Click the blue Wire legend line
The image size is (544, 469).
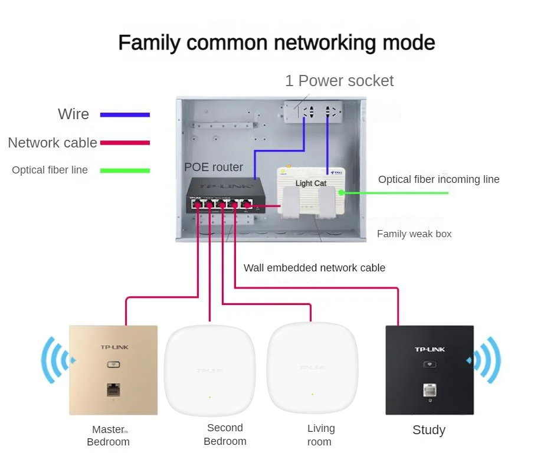point(125,114)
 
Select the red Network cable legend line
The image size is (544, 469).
point(125,143)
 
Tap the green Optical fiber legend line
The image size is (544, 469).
point(125,170)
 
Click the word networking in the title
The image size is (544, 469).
point(325,43)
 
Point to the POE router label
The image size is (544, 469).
point(214,167)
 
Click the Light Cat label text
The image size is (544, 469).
point(311,183)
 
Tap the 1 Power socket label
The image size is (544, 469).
point(339,81)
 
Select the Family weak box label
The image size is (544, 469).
point(414,234)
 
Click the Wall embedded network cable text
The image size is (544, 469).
point(314,268)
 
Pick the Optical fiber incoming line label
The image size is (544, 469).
point(439,179)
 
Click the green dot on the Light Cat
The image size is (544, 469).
point(342,192)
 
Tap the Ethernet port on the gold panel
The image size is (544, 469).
point(113,390)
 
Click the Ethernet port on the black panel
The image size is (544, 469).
point(430,391)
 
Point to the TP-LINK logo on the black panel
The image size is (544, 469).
point(430,349)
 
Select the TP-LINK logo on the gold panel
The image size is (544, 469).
point(114,347)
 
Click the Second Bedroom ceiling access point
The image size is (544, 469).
point(210,370)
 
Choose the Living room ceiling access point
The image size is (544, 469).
point(312,368)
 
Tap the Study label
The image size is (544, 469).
point(429,430)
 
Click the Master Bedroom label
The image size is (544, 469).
point(108,436)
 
